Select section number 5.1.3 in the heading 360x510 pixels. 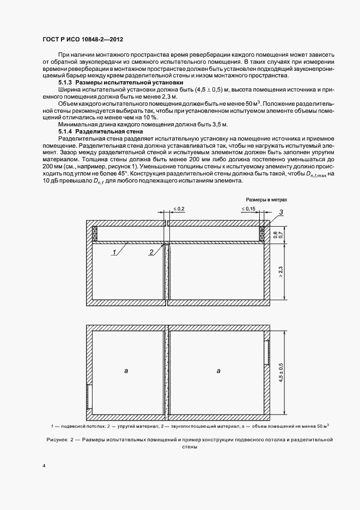(65, 81)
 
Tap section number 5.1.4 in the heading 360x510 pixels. (65, 131)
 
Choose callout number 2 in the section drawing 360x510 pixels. (150, 252)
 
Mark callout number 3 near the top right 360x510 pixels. (280, 212)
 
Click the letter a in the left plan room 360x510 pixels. (126, 371)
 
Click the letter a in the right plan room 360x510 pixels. (218, 371)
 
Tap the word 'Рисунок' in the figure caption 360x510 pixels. (54, 439)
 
